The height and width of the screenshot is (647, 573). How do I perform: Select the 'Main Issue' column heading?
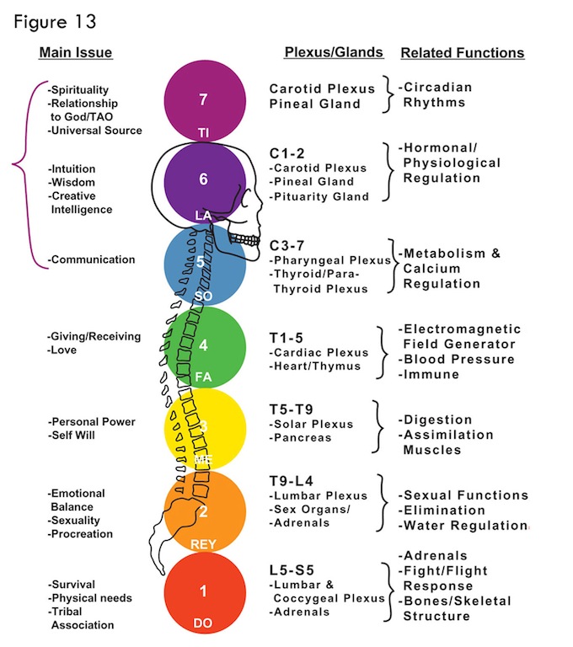pyautogui.click(x=75, y=53)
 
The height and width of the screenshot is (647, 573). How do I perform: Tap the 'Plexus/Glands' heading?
pyautogui.click(x=334, y=52)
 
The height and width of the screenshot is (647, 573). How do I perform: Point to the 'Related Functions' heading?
pyautogui.click(x=462, y=53)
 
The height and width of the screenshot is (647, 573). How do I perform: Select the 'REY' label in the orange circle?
pyautogui.click(x=204, y=543)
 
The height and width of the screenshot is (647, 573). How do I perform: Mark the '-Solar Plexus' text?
pyautogui.click(x=312, y=423)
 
